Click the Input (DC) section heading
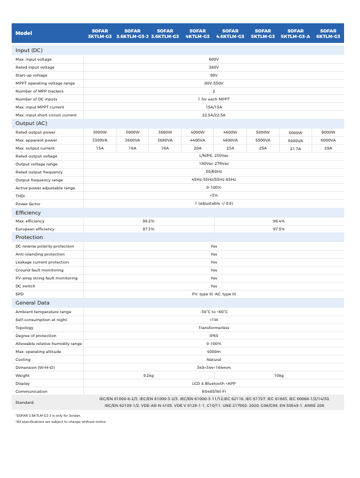[29, 50]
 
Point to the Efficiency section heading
[28, 213]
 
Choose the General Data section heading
[33, 303]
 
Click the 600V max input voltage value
[213, 59]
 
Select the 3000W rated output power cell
[100, 132]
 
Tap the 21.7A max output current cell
[296, 149]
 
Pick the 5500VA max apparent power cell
[263, 140]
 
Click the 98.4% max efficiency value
[278, 221]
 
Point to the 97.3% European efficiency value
[148, 229]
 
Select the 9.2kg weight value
[148, 375]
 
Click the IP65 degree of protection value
[213, 335]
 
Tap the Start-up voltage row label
[31, 75]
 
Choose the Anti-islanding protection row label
[40, 254]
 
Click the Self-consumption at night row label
[41, 319]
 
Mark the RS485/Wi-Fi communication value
[213, 391]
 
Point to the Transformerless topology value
[213, 327]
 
